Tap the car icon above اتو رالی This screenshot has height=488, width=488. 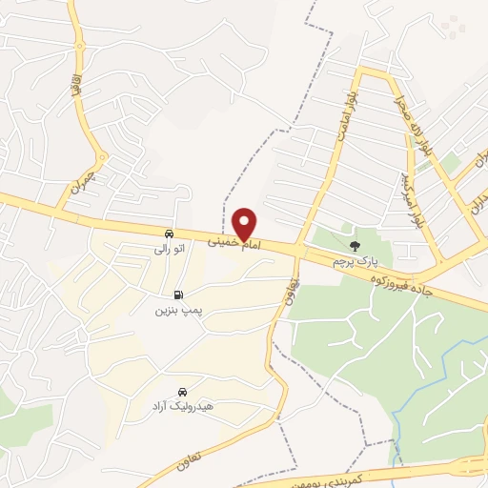click(169, 234)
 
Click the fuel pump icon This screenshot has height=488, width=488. click(178, 295)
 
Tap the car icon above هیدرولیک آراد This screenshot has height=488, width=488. click(182, 392)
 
